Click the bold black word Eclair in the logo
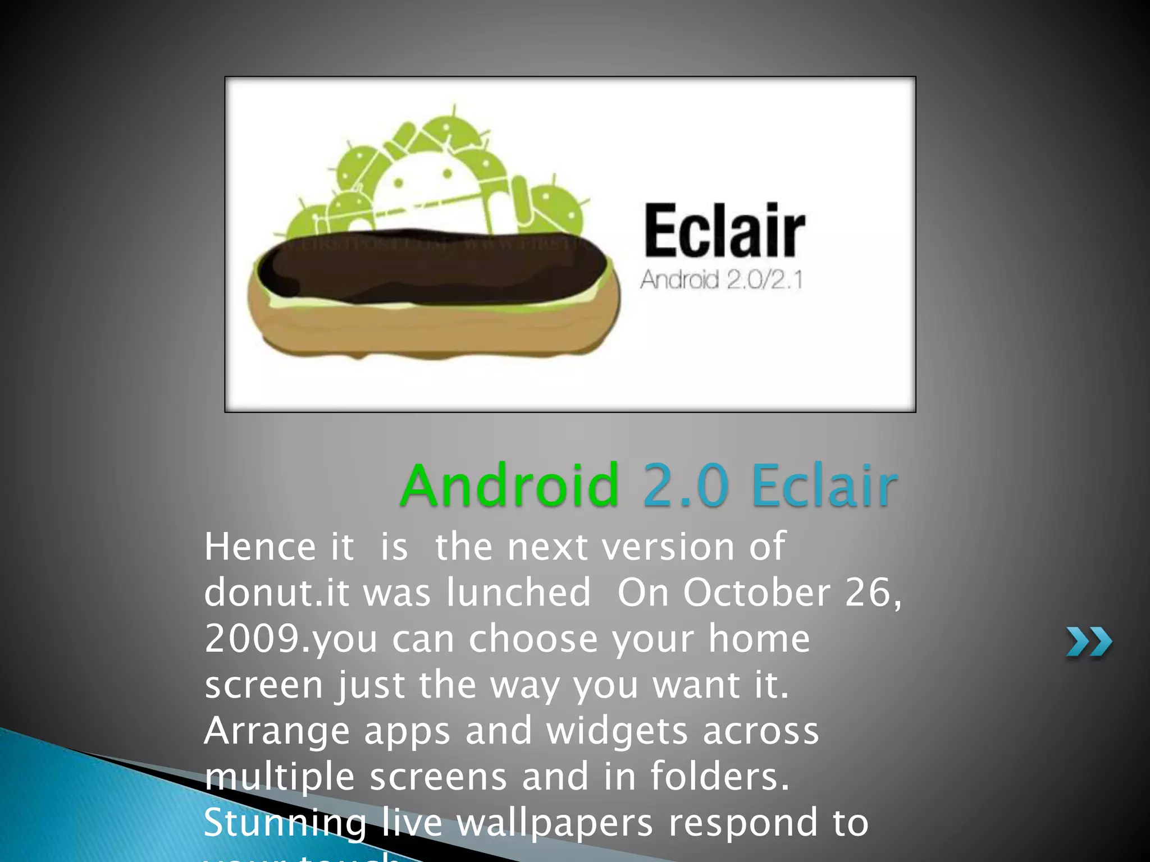tap(724, 231)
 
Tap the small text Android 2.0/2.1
tap(722, 279)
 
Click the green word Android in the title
tap(510, 485)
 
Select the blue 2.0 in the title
tap(686, 485)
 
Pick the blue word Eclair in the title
tap(824, 485)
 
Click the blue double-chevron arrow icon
tap(1089, 642)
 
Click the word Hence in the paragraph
tap(261, 547)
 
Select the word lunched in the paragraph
tap(518, 593)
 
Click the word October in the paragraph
tap(756, 593)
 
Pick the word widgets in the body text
tap(617, 732)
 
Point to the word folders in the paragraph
tap(720, 777)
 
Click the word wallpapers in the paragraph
tap(555, 824)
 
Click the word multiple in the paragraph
tap(279, 778)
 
